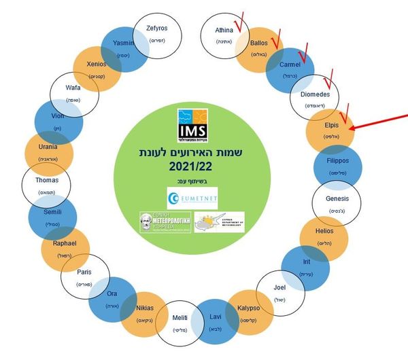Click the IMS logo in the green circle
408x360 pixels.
(192, 124)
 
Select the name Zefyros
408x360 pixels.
(158, 29)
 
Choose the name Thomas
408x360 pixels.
(47, 181)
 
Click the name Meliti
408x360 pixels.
(180, 317)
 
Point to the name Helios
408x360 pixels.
(325, 232)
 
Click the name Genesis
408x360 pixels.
(337, 198)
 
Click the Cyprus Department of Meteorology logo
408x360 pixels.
(219, 221)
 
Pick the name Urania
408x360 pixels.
(48, 147)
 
